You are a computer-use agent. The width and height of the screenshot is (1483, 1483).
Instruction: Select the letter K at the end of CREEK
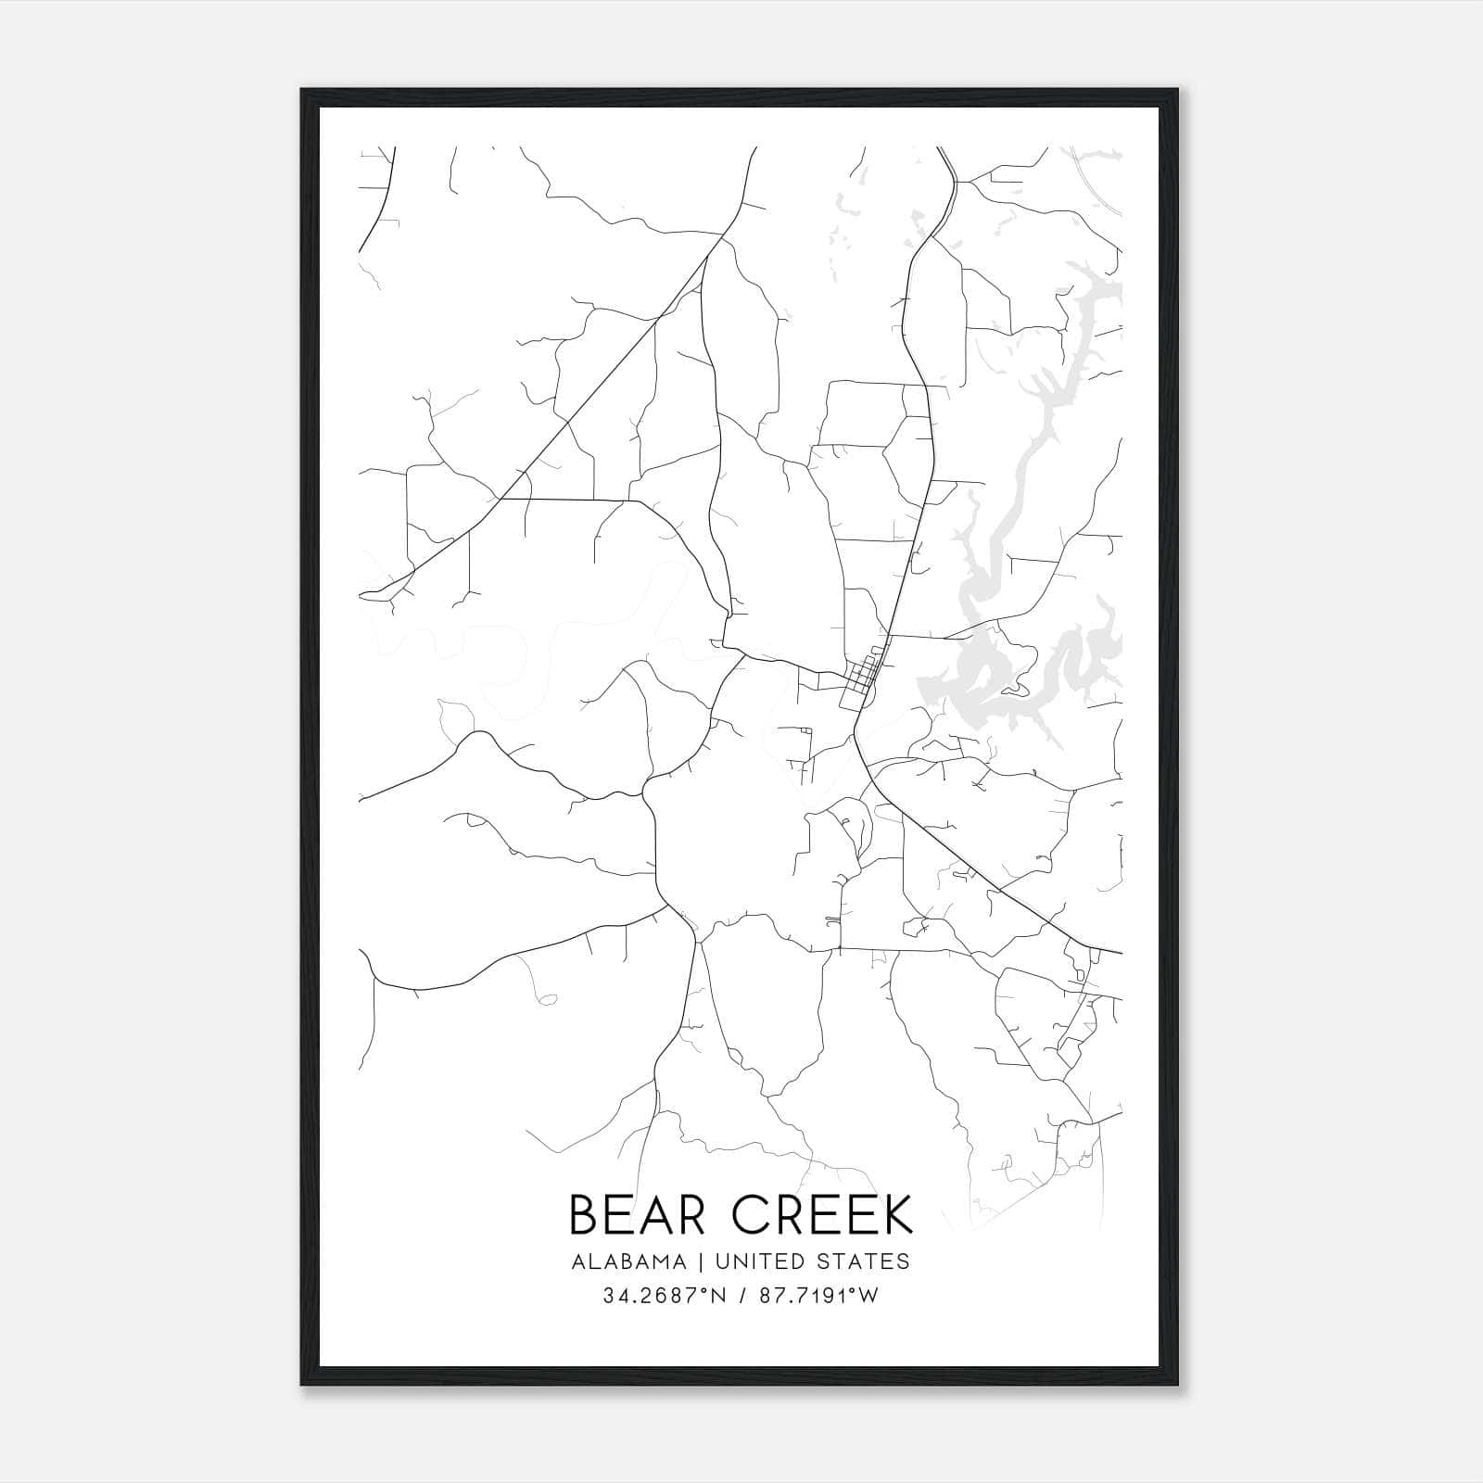coord(897,1215)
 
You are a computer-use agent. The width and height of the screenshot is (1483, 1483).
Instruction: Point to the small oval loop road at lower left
coord(547,1000)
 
